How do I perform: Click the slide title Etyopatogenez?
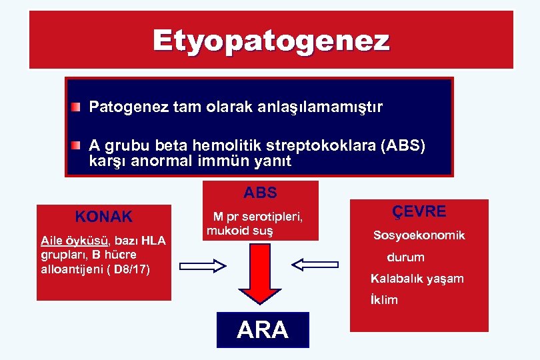271,41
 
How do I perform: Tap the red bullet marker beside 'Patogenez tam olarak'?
77,106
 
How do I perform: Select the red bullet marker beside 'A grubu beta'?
77,145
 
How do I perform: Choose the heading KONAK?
104,217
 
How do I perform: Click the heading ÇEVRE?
419,211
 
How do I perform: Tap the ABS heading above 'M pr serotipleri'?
260,193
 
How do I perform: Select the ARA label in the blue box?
263,330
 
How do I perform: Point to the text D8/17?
133,269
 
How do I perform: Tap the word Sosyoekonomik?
419,235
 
